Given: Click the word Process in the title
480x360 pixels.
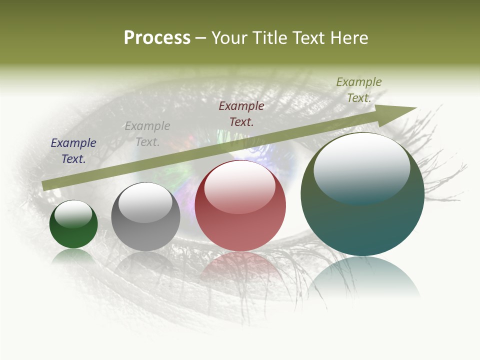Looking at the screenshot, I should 157,37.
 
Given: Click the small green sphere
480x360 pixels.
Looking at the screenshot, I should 73,224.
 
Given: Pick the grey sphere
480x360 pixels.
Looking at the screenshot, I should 145,216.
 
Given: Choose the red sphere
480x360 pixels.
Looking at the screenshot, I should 240,205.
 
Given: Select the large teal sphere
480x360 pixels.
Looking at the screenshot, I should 362,194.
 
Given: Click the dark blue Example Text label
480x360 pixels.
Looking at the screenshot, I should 73,151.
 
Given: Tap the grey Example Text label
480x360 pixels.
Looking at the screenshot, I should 147,134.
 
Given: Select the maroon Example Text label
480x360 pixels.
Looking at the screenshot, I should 241,113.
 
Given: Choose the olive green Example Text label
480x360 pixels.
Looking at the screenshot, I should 359,89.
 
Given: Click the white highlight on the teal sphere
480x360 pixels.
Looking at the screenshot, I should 361,167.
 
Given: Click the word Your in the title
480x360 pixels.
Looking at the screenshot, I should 228,38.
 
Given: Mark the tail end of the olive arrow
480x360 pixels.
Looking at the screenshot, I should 44,185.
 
